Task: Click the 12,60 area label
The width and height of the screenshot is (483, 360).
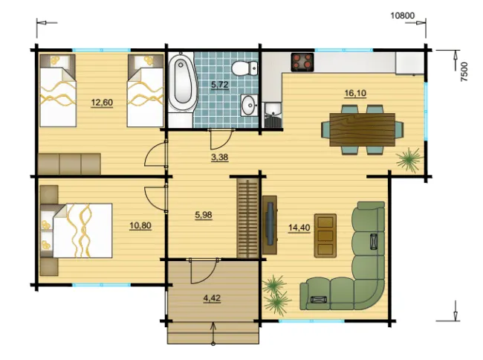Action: tap(102, 103)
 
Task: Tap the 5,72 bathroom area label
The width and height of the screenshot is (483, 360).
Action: tap(220, 85)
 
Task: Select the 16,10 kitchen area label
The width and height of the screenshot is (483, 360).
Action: tap(355, 93)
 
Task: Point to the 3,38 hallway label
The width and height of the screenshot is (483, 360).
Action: tap(220, 157)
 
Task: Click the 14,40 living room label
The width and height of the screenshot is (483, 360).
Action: tap(299, 228)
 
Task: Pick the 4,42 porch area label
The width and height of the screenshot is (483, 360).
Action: tap(212, 298)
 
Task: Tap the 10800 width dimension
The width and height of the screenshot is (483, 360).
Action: tap(403, 16)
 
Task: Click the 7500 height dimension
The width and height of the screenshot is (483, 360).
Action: tap(464, 72)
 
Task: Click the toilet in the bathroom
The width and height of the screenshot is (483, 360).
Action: tap(244, 68)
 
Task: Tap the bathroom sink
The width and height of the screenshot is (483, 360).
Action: tap(250, 105)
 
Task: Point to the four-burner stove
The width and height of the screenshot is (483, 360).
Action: tap(302, 62)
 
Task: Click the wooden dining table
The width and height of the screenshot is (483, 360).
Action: tap(363, 129)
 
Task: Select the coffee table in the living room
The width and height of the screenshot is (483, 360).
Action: tap(325, 236)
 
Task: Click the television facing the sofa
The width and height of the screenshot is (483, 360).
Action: tap(270, 225)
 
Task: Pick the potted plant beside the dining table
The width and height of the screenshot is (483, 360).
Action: tap(409, 159)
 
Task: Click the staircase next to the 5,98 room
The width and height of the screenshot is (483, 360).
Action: tap(247, 218)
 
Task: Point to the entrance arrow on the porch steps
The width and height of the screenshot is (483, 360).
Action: tap(213, 334)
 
